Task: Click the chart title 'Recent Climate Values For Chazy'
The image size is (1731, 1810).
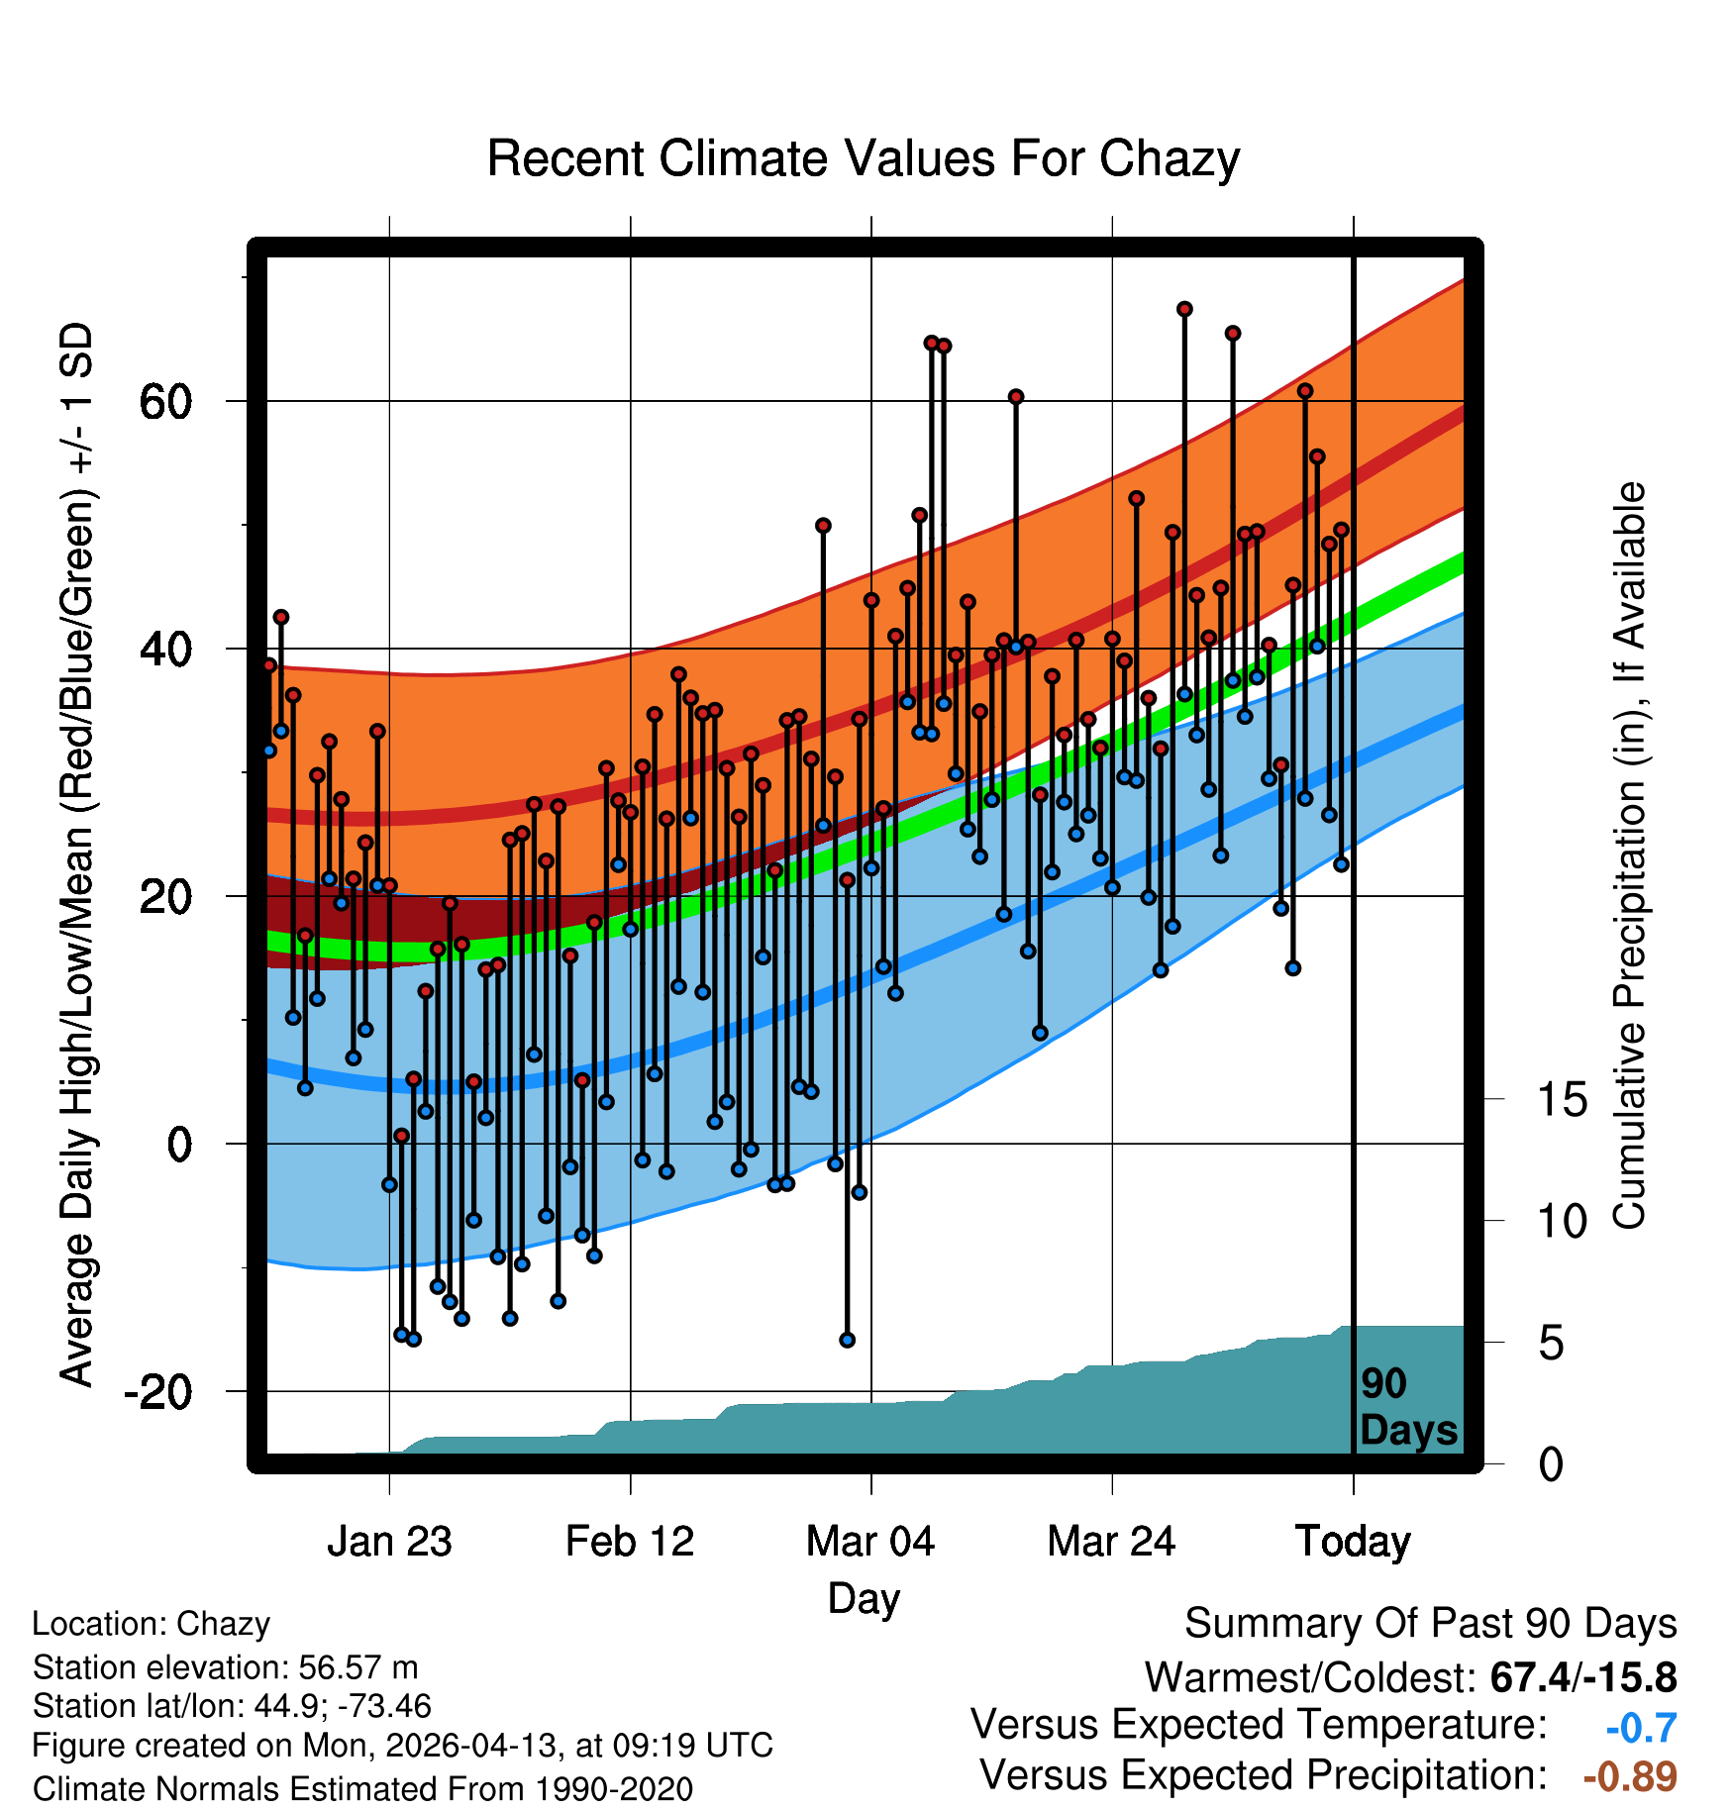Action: point(864,158)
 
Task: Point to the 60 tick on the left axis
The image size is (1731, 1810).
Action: point(164,401)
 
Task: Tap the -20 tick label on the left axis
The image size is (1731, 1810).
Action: point(156,1391)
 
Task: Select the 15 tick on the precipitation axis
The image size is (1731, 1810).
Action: point(1562,1099)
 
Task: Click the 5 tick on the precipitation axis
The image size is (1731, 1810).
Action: point(1551,1343)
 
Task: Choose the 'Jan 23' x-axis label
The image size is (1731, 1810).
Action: point(389,1542)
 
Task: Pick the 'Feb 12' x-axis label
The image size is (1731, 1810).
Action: point(630,1542)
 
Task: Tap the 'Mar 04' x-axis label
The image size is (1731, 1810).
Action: point(870,1542)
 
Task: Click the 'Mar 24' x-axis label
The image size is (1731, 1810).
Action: point(1111,1542)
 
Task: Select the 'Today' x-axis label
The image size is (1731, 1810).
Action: point(1353,1542)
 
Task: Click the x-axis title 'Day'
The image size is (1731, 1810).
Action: point(864,1598)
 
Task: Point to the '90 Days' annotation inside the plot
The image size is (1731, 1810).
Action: point(1408,1407)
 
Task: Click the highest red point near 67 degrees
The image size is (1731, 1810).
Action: point(1184,309)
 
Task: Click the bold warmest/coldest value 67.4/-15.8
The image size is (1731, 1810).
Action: point(1583,1677)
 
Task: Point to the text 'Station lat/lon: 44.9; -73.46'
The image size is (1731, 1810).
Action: point(232,1706)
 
